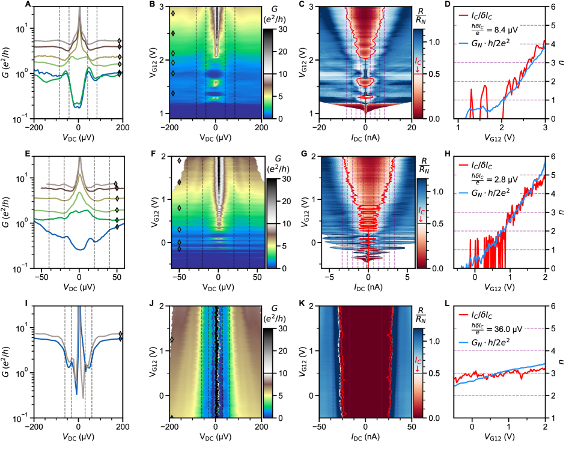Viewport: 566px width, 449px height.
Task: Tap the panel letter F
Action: [x=153, y=155]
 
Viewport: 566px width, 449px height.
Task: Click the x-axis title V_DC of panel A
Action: [x=78, y=137]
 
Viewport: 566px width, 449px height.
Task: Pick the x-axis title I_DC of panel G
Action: [x=365, y=287]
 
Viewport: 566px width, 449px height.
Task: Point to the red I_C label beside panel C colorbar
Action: [x=418, y=62]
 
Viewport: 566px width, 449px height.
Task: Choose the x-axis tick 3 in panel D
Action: [x=544, y=128]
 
